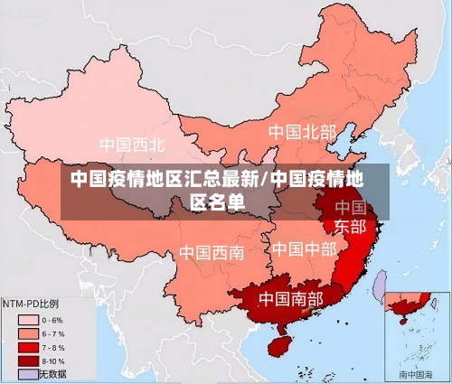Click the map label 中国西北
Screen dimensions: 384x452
click(132, 144)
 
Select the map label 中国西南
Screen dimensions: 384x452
click(211, 252)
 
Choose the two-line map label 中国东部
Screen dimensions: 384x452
click(351, 217)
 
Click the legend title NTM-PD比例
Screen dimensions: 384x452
click(31, 304)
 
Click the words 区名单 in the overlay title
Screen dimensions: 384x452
click(217, 201)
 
